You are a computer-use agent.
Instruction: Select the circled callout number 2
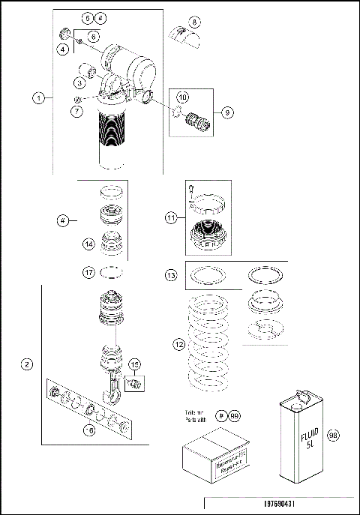pos(28,365)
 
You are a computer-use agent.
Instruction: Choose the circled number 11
pos(171,218)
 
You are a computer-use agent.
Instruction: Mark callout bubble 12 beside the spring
pos(178,345)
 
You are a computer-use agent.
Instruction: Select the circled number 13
pos(171,277)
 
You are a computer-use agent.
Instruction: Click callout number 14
pos(88,243)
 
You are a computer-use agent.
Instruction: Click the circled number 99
pos(235,415)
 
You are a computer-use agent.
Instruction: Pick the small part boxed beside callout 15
pos(136,385)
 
